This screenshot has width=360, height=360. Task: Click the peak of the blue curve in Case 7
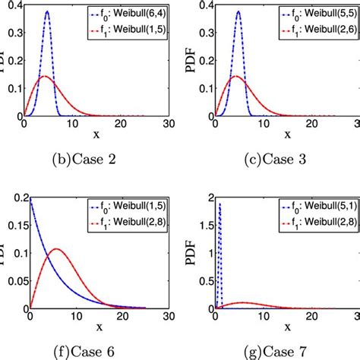click(x=219, y=204)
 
